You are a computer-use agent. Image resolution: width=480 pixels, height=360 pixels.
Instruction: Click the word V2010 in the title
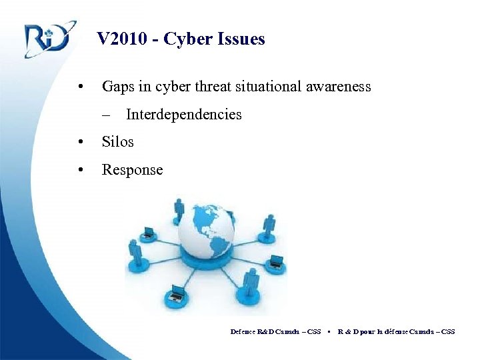(122, 39)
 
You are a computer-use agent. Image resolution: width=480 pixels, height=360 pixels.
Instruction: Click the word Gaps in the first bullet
(117, 87)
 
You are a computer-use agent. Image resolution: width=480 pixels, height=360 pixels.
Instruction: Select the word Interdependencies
(183, 115)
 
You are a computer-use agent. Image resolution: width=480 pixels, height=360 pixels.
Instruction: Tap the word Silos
(117, 142)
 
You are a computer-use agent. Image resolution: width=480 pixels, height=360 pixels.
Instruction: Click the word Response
(132, 170)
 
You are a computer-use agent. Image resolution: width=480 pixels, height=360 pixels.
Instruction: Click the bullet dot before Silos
(80, 142)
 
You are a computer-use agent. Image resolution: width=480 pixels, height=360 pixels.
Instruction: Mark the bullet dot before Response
(80, 170)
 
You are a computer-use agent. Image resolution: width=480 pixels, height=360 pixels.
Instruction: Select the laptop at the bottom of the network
(177, 293)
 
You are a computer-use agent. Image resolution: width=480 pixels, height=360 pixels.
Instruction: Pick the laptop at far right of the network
(275, 261)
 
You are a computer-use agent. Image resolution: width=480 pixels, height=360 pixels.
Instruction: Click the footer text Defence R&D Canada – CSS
(275, 331)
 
